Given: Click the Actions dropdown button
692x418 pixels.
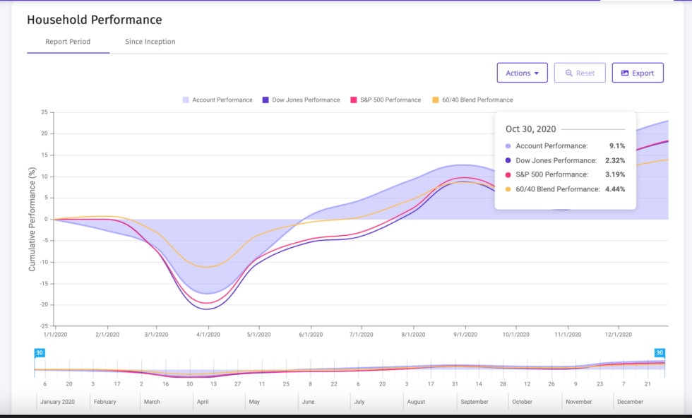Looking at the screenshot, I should click(x=522, y=73).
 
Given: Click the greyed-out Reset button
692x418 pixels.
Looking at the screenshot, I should click(x=579, y=73).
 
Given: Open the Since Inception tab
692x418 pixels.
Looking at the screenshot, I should click(x=150, y=42).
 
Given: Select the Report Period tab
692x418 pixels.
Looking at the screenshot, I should click(x=68, y=42).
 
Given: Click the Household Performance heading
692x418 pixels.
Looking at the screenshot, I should click(x=94, y=20).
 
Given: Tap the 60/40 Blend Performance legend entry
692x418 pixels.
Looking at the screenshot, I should click(x=472, y=100).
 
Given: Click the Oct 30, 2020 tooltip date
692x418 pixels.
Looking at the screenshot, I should click(x=530, y=129).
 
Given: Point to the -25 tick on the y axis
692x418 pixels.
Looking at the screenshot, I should click(x=44, y=326).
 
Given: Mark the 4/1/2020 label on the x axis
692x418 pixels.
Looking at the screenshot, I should click(x=208, y=335).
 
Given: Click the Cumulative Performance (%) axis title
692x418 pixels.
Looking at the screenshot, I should click(x=32, y=220).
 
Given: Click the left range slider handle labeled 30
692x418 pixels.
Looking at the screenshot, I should click(x=40, y=353).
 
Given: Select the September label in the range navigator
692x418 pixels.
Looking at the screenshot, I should click(x=474, y=402).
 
